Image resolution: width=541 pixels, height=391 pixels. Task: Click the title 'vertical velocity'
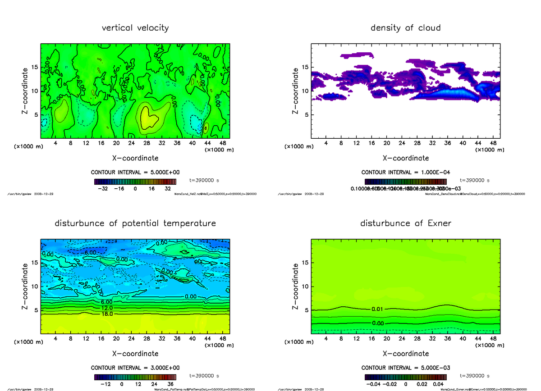[x=135, y=28]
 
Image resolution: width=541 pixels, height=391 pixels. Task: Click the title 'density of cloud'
[x=405, y=28]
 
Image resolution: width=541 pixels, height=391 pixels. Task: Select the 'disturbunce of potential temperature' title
[x=135, y=223]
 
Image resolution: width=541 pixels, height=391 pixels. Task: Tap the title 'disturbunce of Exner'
[x=405, y=223]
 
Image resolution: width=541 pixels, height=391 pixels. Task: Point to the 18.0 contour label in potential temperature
[x=107, y=314]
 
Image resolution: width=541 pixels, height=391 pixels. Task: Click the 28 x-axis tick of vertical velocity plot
[x=147, y=143]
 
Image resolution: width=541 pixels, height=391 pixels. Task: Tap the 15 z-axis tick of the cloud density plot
[x=305, y=68]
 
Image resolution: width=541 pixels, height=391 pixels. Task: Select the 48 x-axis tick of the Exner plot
[x=493, y=338]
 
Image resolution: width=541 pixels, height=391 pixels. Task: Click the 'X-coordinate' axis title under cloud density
[x=405, y=158]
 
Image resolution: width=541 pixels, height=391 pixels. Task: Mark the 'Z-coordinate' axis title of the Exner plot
[x=295, y=287]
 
